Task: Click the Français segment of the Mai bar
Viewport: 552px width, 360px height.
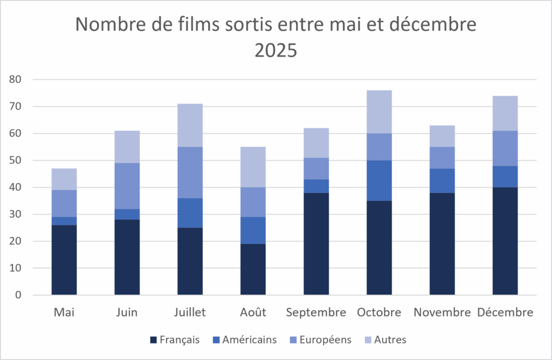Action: point(64,260)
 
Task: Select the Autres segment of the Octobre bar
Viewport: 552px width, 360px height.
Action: point(379,112)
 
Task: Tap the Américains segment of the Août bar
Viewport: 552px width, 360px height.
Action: point(253,231)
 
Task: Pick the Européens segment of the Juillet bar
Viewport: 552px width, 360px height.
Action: point(190,172)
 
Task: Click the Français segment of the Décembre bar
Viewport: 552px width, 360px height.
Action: point(505,241)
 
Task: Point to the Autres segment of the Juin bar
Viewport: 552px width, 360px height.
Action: point(127,147)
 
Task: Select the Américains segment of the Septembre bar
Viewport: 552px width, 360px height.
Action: point(316,186)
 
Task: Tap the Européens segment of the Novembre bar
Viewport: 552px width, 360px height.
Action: point(442,158)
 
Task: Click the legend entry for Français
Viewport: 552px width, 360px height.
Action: point(175,340)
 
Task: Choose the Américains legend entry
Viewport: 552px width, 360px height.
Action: point(245,340)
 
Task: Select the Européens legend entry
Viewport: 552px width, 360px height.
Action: point(320,340)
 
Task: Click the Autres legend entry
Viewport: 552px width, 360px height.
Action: point(385,340)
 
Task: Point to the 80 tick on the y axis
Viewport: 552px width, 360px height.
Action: point(15,79)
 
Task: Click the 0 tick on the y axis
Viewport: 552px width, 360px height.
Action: point(18,295)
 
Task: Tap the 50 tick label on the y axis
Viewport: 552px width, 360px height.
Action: point(15,160)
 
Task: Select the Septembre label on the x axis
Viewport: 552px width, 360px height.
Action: point(316,313)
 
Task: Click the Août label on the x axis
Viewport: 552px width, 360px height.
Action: point(253,312)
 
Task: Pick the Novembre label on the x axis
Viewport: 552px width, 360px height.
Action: point(442,312)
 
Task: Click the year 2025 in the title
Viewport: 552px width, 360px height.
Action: point(276,50)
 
